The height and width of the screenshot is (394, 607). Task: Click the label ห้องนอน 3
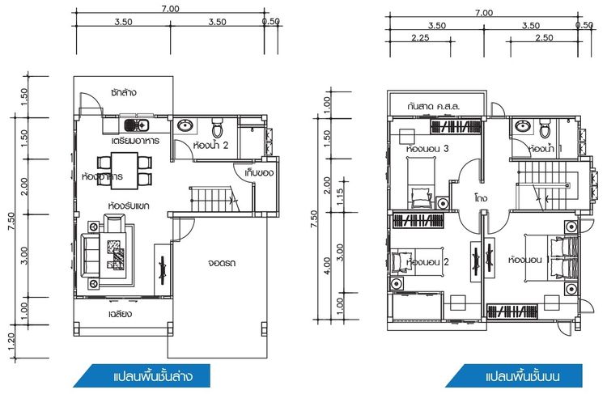pos(429,149)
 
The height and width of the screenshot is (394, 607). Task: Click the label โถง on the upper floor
pos(481,195)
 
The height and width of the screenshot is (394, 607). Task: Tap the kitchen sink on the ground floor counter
pos(134,125)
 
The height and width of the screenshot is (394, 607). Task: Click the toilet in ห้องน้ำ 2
pos(217,128)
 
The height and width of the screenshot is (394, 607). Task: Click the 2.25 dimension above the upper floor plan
pos(420,38)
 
